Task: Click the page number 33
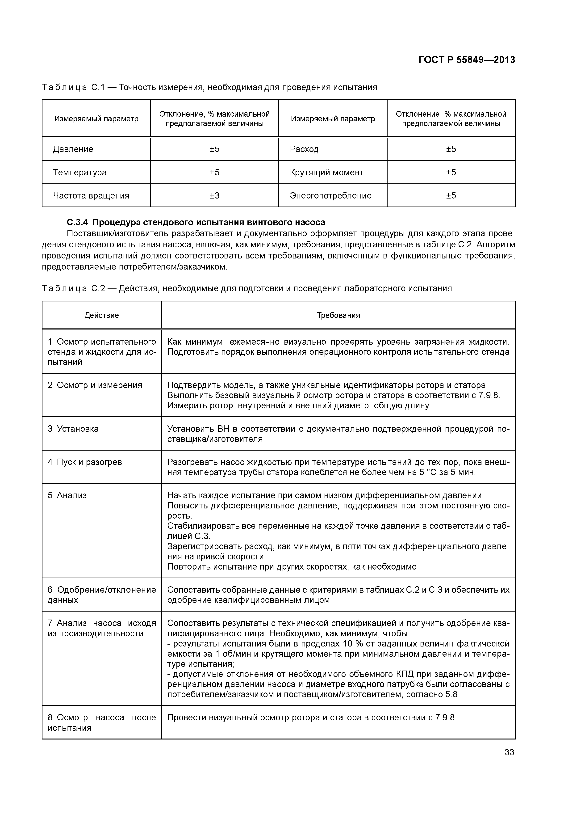(509, 752)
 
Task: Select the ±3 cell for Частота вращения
(214, 195)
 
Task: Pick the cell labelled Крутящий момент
(326, 172)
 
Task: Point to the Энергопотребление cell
(330, 195)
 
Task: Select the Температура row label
(80, 172)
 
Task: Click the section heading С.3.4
(196, 222)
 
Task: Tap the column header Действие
(102, 315)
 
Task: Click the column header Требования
(338, 315)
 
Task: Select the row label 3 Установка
(73, 429)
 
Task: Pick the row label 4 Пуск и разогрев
(85, 462)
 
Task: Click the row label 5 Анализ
(67, 495)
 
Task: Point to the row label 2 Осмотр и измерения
(95, 385)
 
